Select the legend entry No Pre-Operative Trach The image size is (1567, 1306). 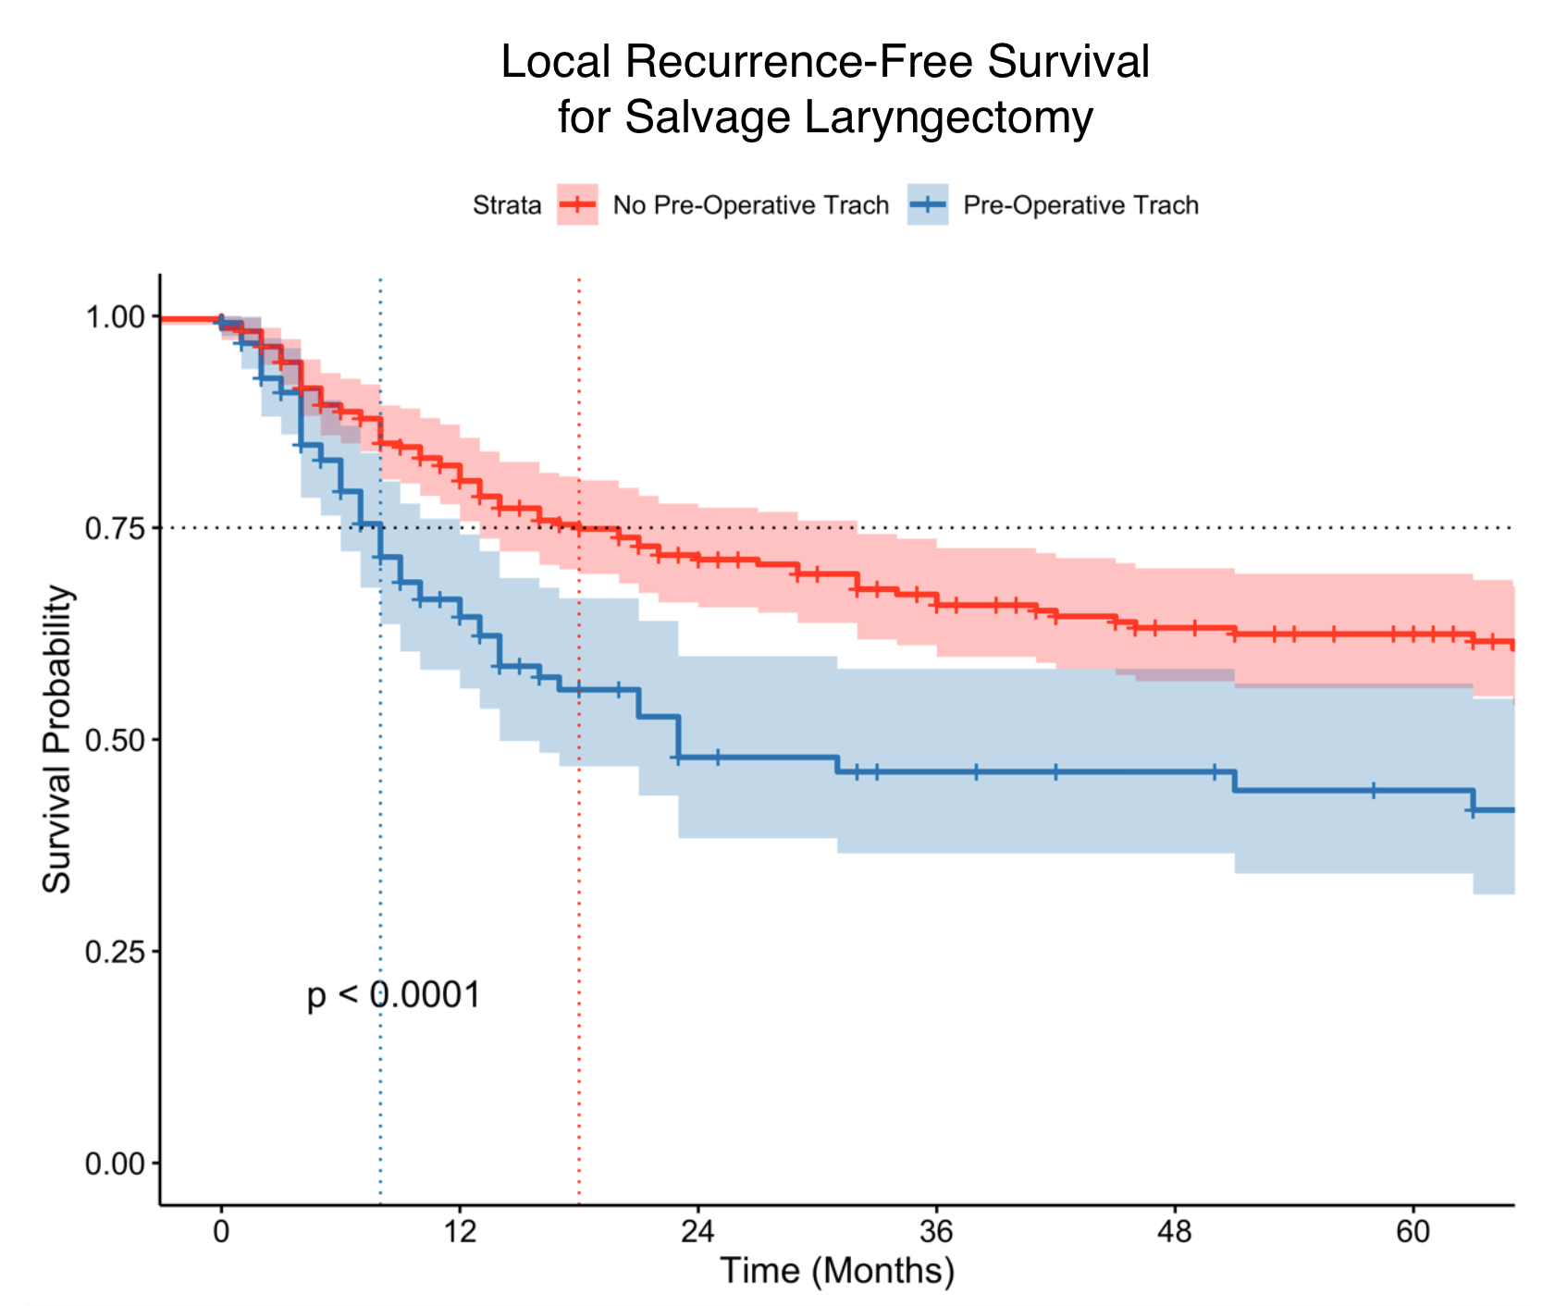[750, 205]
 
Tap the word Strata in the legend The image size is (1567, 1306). [507, 205]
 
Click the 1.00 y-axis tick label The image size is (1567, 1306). [115, 317]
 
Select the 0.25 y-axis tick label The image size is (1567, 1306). [115, 952]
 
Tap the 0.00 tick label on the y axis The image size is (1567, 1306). [115, 1164]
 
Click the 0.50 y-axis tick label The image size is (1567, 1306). [115, 740]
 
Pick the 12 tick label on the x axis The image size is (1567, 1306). [459, 1234]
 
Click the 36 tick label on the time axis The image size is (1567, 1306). [936, 1234]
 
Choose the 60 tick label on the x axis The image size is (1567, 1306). [1413, 1234]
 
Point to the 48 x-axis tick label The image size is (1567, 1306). [1175, 1234]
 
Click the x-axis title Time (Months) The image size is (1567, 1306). [836, 1271]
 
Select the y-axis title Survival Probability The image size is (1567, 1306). [57, 740]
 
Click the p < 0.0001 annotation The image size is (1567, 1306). [394, 996]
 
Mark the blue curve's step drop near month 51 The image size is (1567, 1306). [1235, 782]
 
